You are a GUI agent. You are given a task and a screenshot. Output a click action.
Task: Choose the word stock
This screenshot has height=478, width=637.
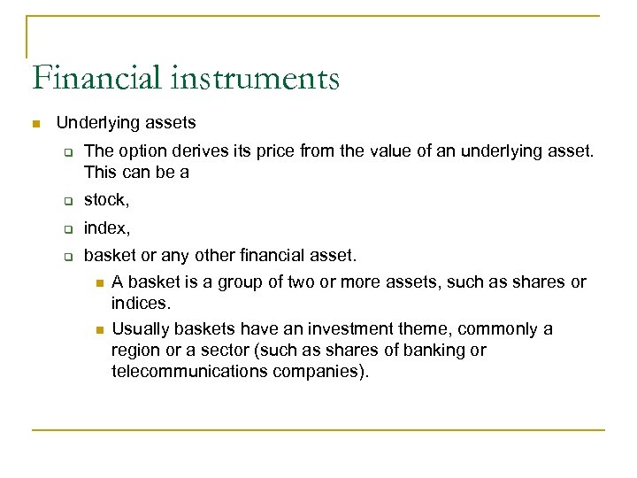105,203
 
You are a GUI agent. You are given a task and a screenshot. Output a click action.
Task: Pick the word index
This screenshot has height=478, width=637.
106,229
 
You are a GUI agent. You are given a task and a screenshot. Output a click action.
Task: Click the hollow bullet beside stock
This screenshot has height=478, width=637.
66,203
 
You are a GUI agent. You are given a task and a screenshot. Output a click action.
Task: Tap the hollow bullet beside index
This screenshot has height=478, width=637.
66,229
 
